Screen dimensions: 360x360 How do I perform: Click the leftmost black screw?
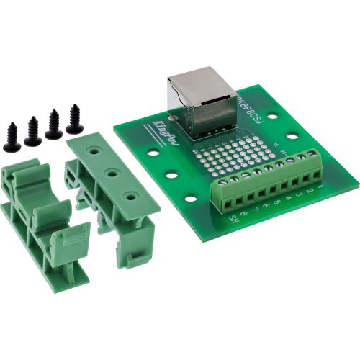tap(11, 137)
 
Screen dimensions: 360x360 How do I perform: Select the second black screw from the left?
tap(32, 131)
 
